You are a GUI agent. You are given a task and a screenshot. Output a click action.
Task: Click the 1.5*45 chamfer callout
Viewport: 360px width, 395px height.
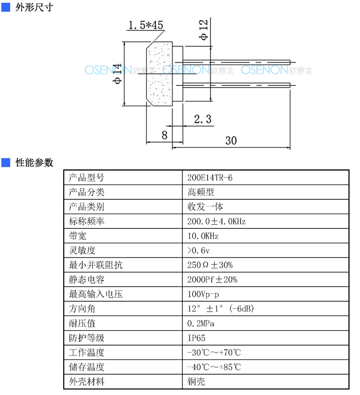pyautogui.click(x=145, y=25)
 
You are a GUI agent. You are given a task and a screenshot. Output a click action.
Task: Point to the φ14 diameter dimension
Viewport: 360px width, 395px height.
pyautogui.click(x=117, y=73)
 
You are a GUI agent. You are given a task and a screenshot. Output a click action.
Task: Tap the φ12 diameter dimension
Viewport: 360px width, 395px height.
pyautogui.click(x=204, y=30)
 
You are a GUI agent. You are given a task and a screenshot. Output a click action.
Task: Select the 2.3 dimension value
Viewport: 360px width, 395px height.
pyautogui.click(x=203, y=119)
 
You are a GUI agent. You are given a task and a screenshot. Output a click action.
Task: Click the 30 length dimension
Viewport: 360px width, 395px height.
pyautogui.click(x=231, y=141)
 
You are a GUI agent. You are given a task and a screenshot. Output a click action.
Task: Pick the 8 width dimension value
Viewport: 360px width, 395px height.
pyautogui.click(x=164, y=135)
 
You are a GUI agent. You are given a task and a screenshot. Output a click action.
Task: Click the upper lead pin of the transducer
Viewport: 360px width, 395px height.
pyautogui.click(x=236, y=62)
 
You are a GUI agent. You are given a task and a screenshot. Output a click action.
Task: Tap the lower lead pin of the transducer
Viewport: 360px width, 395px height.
pyautogui.click(x=236, y=85)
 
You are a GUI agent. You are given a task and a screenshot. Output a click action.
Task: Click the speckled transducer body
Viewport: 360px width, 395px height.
pyautogui.click(x=160, y=74)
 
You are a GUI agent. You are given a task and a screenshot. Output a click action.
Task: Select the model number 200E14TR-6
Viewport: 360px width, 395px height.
pyautogui.click(x=210, y=178)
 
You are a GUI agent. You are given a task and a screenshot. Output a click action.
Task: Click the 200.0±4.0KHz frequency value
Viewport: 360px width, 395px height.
pyautogui.click(x=216, y=221)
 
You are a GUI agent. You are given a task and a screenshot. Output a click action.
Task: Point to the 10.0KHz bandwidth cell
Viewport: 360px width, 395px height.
pyautogui.click(x=203, y=236)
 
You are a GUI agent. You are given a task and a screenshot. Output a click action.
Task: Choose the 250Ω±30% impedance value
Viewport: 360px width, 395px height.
pyautogui.click(x=210, y=265)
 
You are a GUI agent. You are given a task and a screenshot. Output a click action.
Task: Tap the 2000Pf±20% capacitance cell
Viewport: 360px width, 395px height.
pyautogui.click(x=212, y=280)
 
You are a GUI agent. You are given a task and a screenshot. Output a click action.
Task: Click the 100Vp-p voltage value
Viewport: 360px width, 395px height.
pyautogui.click(x=203, y=294)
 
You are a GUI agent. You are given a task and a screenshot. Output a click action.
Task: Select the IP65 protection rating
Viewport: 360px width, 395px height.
pyautogui.click(x=196, y=338)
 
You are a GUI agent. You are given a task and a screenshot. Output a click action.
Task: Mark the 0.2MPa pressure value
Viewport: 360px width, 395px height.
pyautogui.click(x=200, y=323)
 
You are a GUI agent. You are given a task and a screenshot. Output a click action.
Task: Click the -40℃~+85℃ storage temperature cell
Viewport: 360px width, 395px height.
pyautogui.click(x=214, y=367)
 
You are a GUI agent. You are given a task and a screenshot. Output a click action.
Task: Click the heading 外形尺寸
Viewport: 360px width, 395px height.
pyautogui.click(x=34, y=7)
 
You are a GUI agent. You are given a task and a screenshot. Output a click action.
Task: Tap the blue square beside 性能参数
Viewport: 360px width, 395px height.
pyautogui.click(x=6, y=162)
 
